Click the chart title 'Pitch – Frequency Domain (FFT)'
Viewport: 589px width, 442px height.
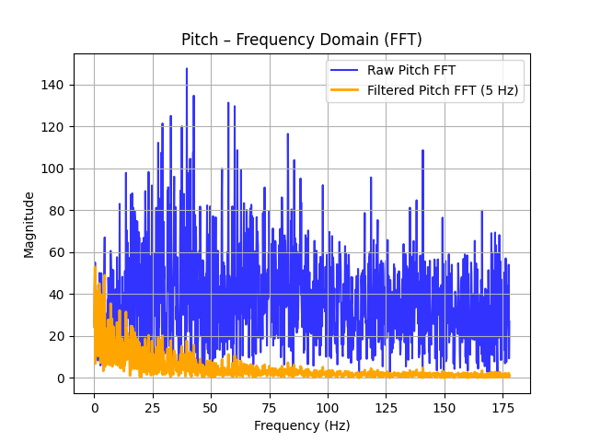[301, 40]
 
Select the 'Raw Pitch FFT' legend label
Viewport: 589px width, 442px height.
[410, 71]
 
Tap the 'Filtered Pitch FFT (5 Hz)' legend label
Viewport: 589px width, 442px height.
[443, 90]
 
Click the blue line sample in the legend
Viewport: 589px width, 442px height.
[346, 71]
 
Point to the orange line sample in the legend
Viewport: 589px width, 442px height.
[346, 90]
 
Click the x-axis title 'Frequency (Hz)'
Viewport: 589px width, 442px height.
[301, 425]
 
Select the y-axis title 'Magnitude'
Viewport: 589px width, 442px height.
[29, 224]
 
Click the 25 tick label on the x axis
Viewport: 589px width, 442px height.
[153, 407]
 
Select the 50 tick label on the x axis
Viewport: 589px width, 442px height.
[212, 407]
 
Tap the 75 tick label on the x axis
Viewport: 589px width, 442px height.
[270, 407]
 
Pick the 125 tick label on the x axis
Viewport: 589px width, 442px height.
[387, 407]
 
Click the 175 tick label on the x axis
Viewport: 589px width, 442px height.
[503, 407]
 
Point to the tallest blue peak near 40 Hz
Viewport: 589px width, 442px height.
[187, 69]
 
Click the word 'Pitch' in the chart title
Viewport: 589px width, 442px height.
[199, 40]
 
